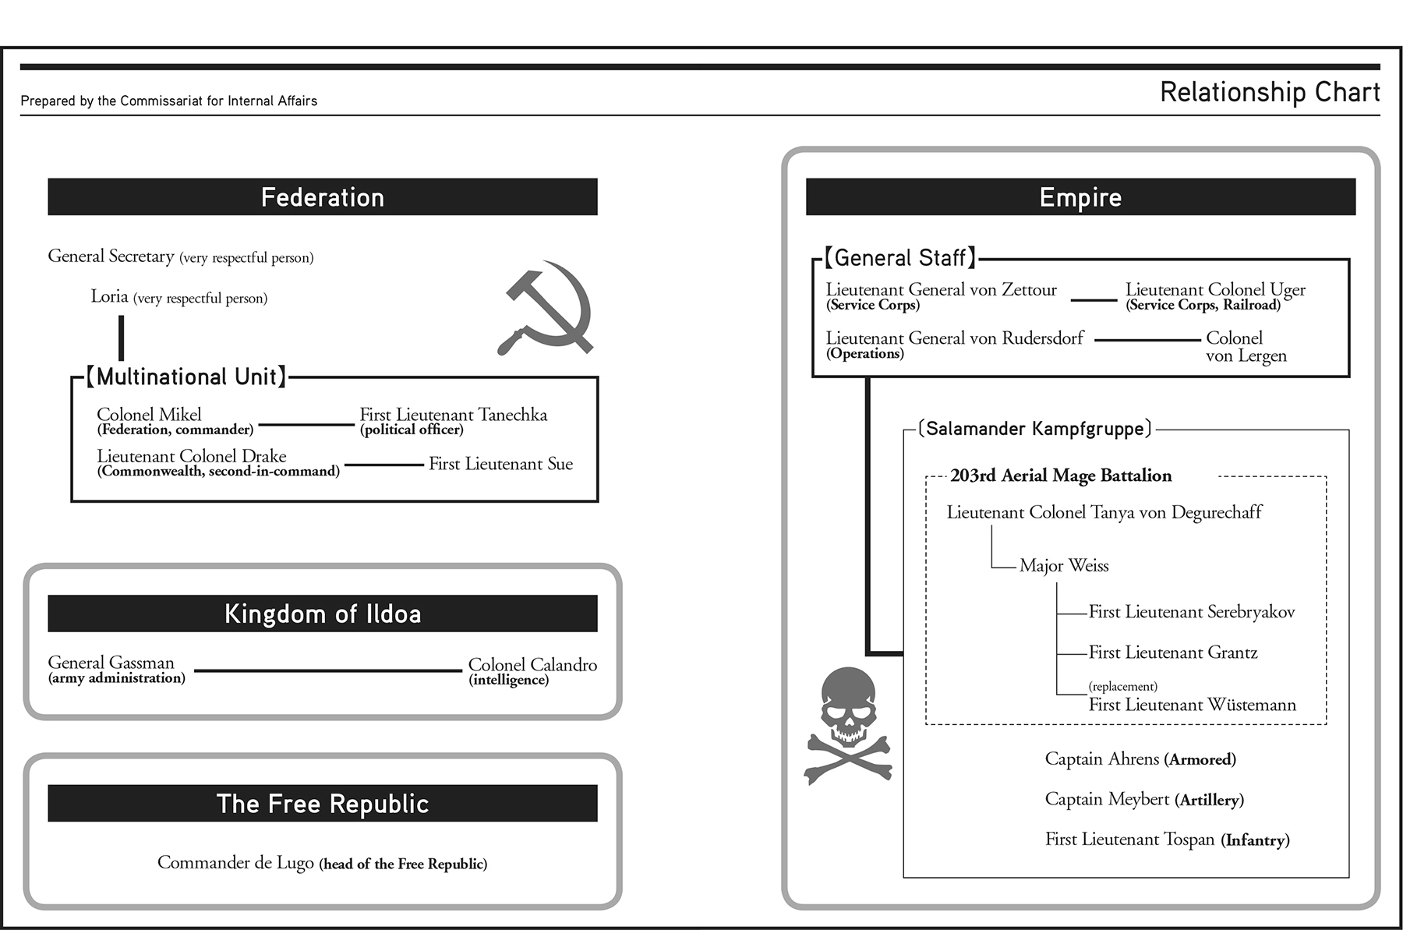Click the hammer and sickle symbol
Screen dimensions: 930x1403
pyautogui.click(x=546, y=308)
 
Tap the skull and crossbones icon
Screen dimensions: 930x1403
pyautogui.click(x=847, y=725)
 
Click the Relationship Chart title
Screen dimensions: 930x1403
pyautogui.click(x=1269, y=92)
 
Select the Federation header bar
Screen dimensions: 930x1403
pyautogui.click(x=322, y=197)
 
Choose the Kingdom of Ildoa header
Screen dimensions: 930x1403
pyautogui.click(x=322, y=614)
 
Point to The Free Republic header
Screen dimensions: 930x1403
pyautogui.click(x=322, y=804)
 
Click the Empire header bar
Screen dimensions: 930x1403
pyautogui.click(x=1080, y=197)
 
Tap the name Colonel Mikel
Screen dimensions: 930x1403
pyautogui.click(x=149, y=415)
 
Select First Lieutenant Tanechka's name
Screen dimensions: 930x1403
pyautogui.click(x=453, y=415)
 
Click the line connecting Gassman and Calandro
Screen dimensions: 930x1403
pyautogui.click(x=327, y=670)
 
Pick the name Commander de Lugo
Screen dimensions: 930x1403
pyautogui.click(x=235, y=862)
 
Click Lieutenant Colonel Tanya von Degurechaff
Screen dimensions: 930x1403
pyautogui.click(x=1104, y=512)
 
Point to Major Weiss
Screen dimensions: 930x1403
pyautogui.click(x=1063, y=566)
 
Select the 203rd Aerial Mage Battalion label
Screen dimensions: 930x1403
pyautogui.click(x=1060, y=476)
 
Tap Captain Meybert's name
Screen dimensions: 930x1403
pyautogui.click(x=1107, y=799)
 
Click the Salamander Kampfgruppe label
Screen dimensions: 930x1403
pyautogui.click(x=1034, y=429)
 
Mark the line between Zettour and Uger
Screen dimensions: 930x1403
pyautogui.click(x=1094, y=300)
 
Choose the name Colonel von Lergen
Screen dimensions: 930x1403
pyautogui.click(x=1246, y=347)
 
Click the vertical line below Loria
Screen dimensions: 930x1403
pyautogui.click(x=121, y=338)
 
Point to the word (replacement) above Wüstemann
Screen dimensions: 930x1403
pyautogui.click(x=1122, y=687)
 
